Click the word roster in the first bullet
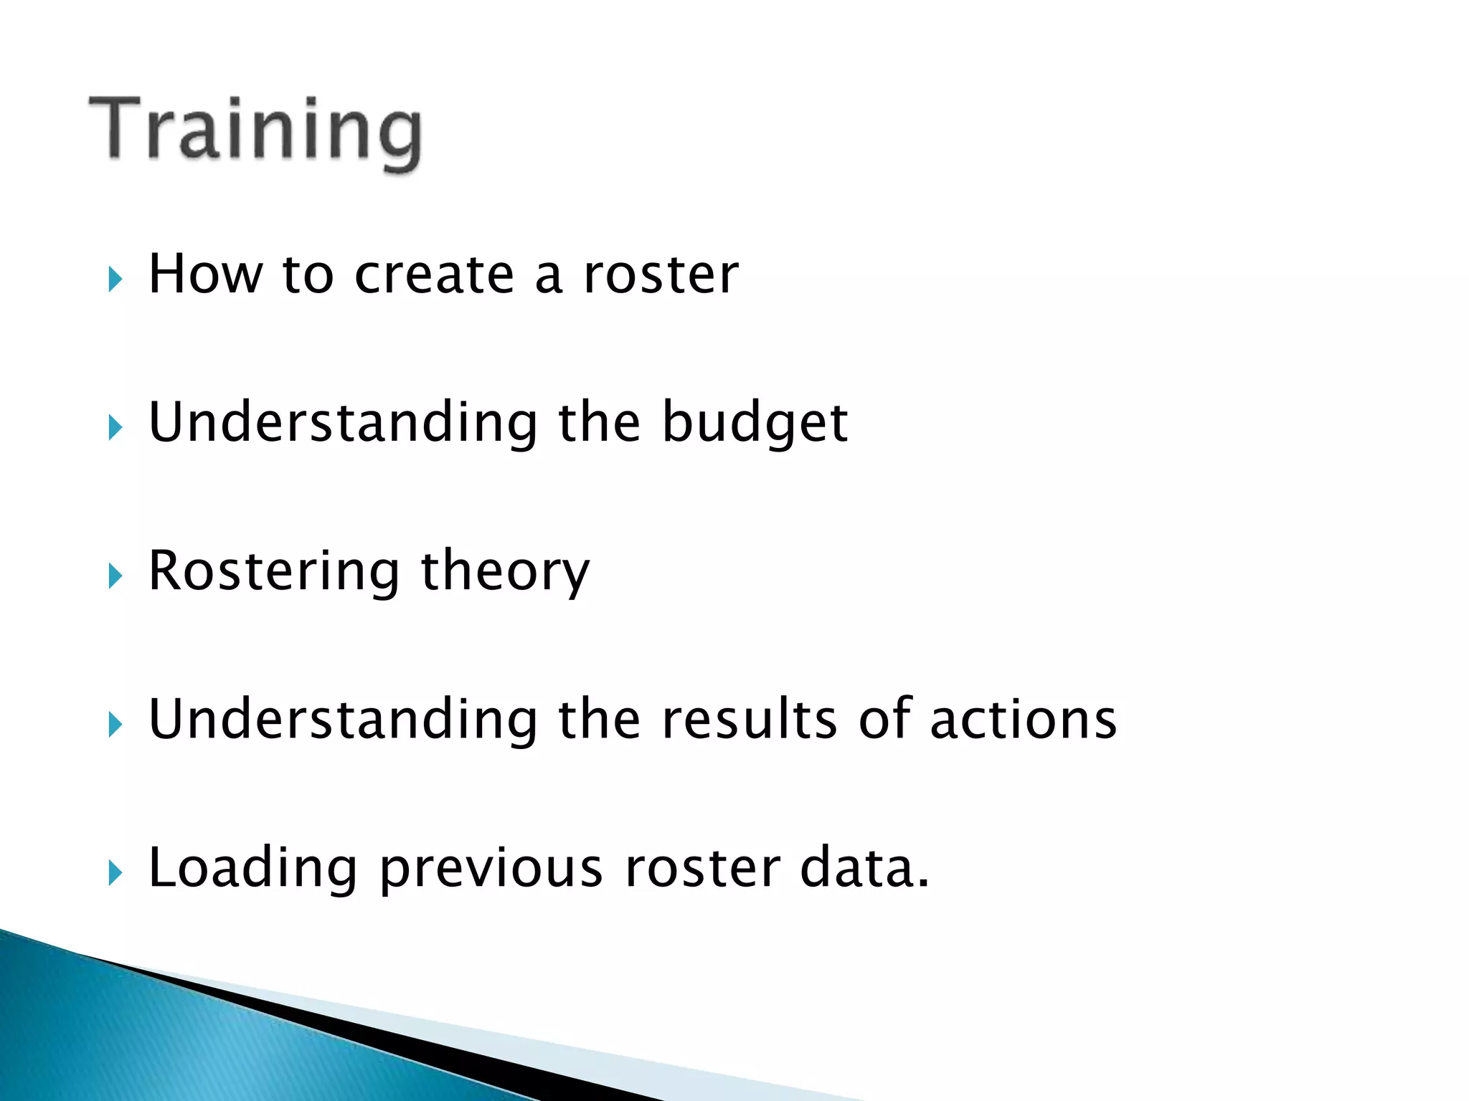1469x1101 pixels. coord(661,275)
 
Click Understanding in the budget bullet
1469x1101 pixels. coord(343,423)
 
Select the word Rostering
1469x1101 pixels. coord(273,572)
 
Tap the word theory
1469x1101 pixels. coord(505,572)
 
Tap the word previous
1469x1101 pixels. coord(491,869)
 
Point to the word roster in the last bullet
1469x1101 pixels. coord(702,869)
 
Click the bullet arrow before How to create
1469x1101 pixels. coord(115,280)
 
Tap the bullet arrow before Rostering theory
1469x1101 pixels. coord(115,576)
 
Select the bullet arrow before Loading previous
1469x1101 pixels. coord(115,873)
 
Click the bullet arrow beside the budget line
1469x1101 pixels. coord(115,428)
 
